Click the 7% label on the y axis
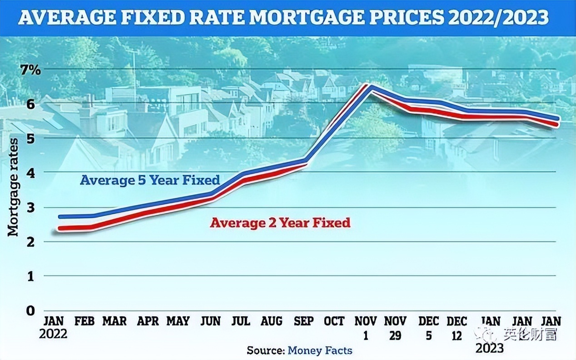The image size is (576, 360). [x=30, y=70]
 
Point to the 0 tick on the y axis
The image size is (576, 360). [x=30, y=311]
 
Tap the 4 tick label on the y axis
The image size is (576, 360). [x=30, y=173]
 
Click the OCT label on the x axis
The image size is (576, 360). [x=334, y=321]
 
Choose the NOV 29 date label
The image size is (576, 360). [x=396, y=328]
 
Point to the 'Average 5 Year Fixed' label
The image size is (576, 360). [x=150, y=180]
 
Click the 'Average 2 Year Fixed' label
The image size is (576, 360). [x=280, y=223]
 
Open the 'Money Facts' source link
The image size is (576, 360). [x=320, y=350]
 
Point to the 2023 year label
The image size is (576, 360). [x=489, y=348]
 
